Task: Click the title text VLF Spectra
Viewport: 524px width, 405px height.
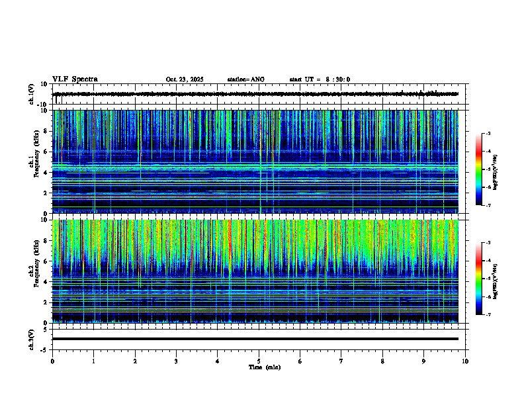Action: (x=75, y=79)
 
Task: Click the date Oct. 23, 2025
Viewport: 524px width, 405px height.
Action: (x=185, y=79)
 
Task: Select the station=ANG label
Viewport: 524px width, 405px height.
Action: (x=245, y=79)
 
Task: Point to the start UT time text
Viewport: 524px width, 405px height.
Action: (x=320, y=79)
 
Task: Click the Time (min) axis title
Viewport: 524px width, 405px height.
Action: (x=264, y=367)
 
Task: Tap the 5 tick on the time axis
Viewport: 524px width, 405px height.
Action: (x=259, y=361)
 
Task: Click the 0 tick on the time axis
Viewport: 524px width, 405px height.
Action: (x=52, y=361)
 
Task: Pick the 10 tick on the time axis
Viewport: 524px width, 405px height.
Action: (x=465, y=361)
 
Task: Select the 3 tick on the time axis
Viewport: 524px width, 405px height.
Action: (x=176, y=361)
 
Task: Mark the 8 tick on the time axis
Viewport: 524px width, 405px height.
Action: (x=382, y=361)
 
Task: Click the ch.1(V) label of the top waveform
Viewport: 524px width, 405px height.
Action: (x=31, y=94)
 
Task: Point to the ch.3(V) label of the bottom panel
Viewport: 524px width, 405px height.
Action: (x=31, y=338)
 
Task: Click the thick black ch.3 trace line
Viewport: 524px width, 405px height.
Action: (x=255, y=339)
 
